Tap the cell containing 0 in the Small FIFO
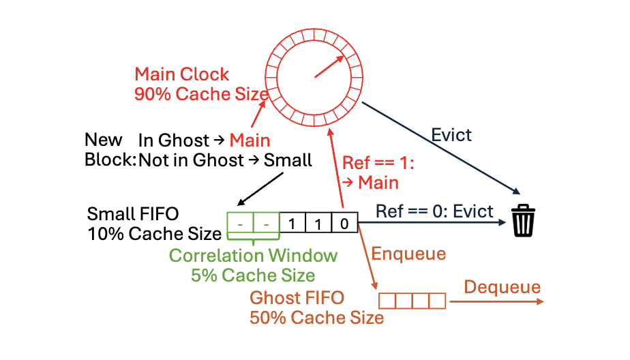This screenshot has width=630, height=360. [344, 223]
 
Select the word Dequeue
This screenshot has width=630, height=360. [502, 287]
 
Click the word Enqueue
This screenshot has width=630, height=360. [408, 254]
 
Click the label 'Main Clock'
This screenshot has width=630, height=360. [182, 74]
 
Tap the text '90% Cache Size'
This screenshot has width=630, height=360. [192, 94]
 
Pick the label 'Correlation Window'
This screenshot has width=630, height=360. [253, 256]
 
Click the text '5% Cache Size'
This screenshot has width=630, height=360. [253, 275]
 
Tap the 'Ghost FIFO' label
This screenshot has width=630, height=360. [297, 298]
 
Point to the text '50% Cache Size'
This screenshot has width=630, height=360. [316, 318]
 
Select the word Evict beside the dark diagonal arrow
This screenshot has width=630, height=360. [451, 134]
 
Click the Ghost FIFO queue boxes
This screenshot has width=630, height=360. [411, 300]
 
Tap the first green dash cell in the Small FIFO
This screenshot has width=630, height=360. [239, 223]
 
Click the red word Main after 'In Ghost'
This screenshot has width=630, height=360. [250, 140]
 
